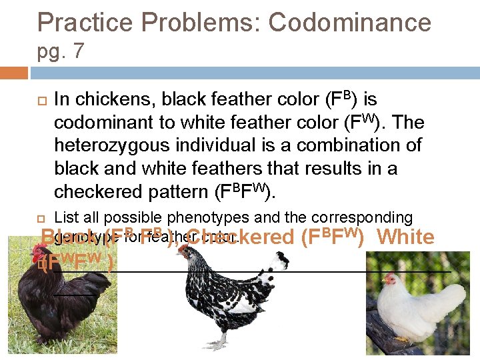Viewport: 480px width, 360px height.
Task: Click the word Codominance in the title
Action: [x=349, y=23]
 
